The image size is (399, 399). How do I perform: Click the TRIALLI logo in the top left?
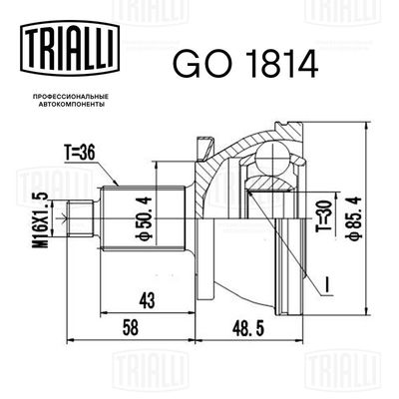70,48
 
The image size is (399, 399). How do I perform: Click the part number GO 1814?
245,64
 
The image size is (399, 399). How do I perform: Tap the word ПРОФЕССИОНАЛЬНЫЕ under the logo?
70,97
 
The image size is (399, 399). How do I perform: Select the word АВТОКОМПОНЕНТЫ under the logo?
70,104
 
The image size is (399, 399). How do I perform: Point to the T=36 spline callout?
80,154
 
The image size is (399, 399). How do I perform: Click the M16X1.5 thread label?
41,220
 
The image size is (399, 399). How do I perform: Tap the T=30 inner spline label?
325,215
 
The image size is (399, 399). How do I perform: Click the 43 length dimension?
147,301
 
